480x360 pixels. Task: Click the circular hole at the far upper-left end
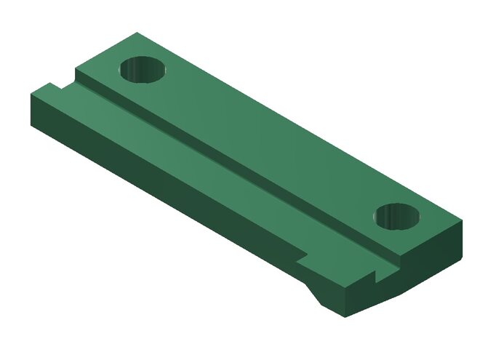coord(143,70)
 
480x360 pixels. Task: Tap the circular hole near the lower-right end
coord(399,216)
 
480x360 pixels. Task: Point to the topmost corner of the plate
coord(136,33)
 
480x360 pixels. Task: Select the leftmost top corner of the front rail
coord(31,95)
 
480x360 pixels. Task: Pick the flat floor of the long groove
coord(218,156)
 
